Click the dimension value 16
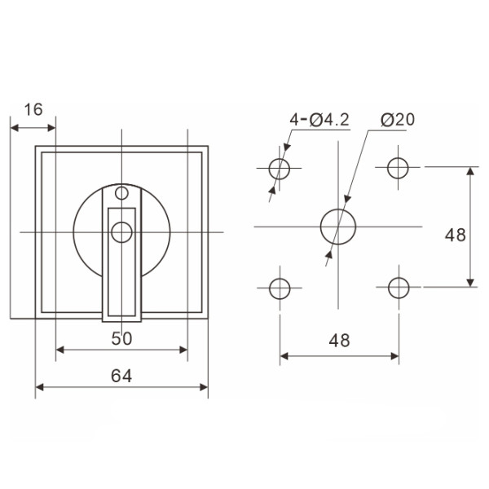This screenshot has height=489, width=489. coord(33,109)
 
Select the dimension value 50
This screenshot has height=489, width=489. coord(121,338)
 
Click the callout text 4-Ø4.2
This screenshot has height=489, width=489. coord(319,120)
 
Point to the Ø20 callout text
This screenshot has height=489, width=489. coord(397,120)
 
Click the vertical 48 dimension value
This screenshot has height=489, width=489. coord(456,235)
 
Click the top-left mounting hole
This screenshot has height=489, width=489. coord(280,169)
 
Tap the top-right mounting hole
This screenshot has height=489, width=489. coord(398,168)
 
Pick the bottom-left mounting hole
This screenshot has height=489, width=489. coord(280,288)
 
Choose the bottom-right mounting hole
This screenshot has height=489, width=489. coord(398,288)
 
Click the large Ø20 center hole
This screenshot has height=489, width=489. coord(337,227)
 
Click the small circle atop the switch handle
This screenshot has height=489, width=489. coord(121,193)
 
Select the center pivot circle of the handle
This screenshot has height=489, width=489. coord(121,232)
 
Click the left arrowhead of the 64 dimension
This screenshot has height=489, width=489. coord(39,387)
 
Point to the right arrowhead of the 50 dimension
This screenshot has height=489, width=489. coord(183,351)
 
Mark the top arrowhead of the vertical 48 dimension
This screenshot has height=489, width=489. coord(470,171)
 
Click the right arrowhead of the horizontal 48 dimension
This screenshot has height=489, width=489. coord(394,356)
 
